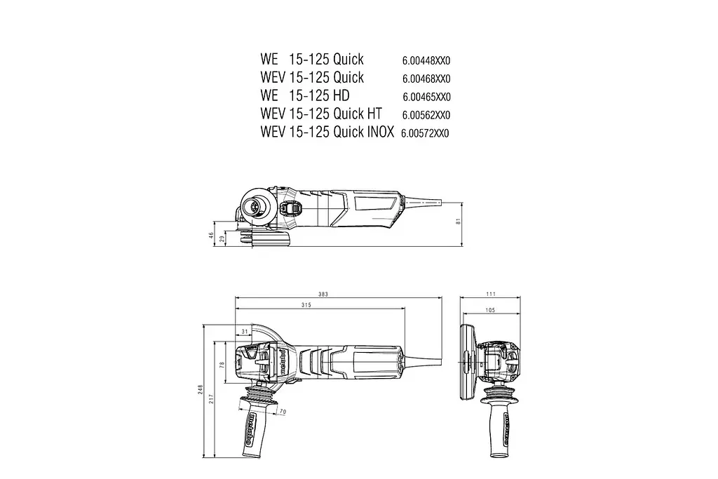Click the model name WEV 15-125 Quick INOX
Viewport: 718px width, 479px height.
327,131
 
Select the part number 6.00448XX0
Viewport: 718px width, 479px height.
426,60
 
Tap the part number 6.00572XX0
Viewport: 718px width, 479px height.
425,133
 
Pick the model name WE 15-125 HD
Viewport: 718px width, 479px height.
304,95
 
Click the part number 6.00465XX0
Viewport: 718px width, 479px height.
426,97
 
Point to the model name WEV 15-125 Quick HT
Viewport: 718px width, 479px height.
322,113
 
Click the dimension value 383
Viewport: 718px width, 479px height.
323,295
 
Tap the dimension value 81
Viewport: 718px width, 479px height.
458,222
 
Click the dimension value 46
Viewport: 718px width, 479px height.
211,236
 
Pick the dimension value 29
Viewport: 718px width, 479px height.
222,239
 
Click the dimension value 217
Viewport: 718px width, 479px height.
211,398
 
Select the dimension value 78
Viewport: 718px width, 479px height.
222,365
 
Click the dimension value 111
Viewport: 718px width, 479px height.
491,295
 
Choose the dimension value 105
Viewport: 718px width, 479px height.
489,310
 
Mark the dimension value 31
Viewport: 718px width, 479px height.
245,331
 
